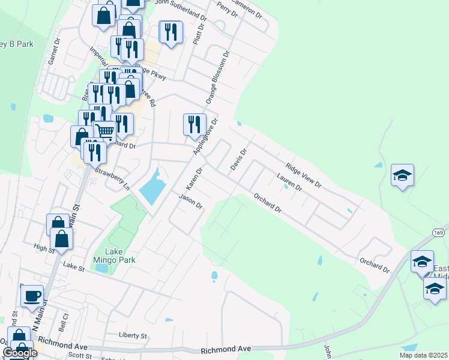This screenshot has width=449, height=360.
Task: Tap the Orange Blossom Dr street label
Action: click(x=218, y=76)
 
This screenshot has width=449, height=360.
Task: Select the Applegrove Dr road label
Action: click(x=206, y=136)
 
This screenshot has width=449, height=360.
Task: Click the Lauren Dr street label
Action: click(x=289, y=182)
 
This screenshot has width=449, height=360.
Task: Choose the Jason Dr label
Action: click(x=191, y=201)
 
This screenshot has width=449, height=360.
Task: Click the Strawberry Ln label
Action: click(x=113, y=179)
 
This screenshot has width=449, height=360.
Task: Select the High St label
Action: click(x=44, y=247)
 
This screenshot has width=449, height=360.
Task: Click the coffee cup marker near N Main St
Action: click(x=32, y=296)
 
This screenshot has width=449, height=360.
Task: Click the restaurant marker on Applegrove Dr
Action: click(x=194, y=124)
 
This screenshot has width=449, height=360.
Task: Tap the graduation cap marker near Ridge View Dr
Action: click(x=402, y=175)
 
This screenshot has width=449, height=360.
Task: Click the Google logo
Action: click(x=19, y=352)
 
